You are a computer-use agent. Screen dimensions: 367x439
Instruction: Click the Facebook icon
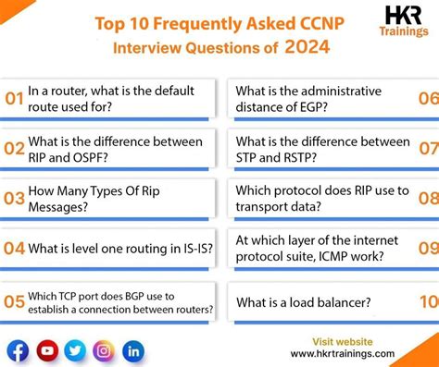[x=18, y=351]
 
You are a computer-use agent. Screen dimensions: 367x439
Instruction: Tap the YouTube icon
[x=46, y=351]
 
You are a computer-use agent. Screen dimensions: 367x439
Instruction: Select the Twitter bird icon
[x=75, y=351]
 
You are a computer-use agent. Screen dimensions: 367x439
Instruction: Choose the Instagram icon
[x=105, y=351]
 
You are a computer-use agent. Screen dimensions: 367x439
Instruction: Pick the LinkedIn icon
[x=133, y=351]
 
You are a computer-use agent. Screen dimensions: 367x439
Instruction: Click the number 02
[x=13, y=149]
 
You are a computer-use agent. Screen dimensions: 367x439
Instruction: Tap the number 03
[x=13, y=198]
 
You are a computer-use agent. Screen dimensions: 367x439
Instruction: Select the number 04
[x=13, y=248]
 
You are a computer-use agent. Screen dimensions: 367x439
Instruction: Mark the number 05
[x=13, y=301]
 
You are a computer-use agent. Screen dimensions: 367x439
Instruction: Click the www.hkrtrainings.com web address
[x=343, y=354]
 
